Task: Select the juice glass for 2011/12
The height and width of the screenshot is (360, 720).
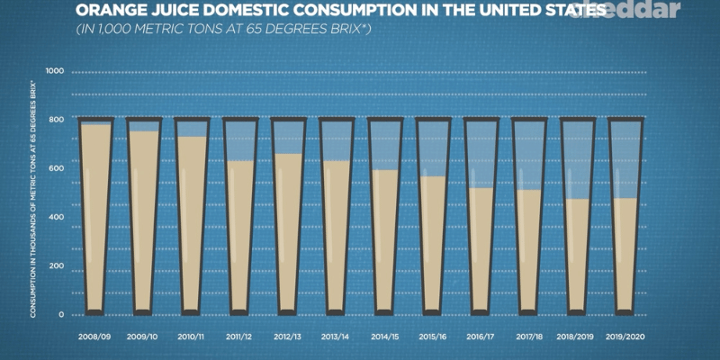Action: tap(239, 216)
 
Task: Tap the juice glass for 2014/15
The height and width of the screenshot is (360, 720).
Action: tap(383, 216)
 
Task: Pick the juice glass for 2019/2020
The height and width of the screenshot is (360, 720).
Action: tap(625, 216)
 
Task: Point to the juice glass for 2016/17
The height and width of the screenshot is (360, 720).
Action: tap(480, 216)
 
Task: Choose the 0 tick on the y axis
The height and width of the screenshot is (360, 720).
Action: tap(60, 315)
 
